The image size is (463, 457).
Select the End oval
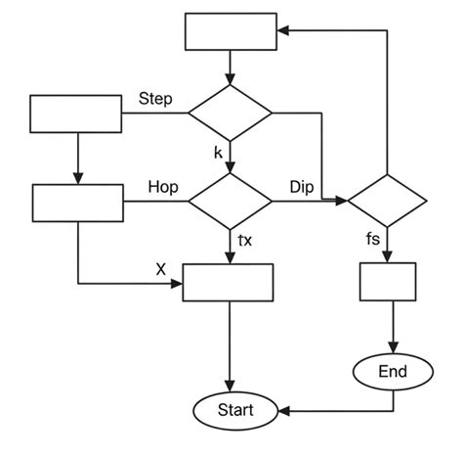point(393,372)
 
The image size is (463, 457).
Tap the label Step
point(157,100)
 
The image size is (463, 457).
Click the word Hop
point(161,186)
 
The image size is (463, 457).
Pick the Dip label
point(302,186)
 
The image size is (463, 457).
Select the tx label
point(245,239)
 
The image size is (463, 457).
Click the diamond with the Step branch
point(231,114)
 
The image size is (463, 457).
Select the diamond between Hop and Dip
point(231,202)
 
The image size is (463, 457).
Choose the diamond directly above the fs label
point(388,202)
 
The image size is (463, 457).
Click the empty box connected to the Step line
point(76,114)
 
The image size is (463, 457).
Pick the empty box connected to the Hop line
point(77,203)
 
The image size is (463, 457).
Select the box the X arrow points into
point(231,284)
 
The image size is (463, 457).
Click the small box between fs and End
point(389,283)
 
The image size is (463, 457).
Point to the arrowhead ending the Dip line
point(344,202)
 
